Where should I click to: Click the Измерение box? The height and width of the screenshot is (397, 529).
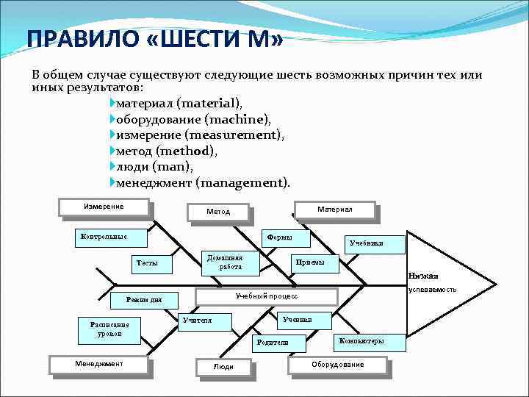(x=104, y=207)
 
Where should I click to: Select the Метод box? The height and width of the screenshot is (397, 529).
(x=218, y=212)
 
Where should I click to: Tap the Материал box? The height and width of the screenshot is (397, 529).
(x=334, y=210)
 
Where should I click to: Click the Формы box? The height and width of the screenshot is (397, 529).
(x=286, y=237)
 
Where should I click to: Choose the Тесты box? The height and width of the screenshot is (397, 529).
(x=150, y=263)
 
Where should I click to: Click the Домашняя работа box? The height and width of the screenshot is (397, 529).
(x=230, y=262)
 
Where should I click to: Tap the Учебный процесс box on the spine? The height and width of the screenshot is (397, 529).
(x=266, y=296)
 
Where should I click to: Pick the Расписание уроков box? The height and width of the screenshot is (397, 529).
(x=109, y=329)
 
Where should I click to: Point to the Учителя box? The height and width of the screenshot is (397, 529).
(x=205, y=321)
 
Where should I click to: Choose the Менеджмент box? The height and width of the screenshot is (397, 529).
(x=98, y=364)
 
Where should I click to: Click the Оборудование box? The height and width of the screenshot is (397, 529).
(x=337, y=365)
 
